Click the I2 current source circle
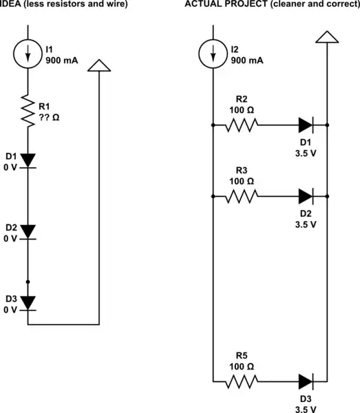pyautogui.click(x=213, y=54)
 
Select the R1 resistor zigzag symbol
pyautogui.click(x=28, y=111)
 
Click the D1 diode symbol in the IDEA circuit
pyautogui.click(x=28, y=160)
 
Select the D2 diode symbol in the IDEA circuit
pyautogui.click(x=28, y=231)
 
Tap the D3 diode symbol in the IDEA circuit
pyautogui.click(x=28, y=301)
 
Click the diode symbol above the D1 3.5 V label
pyautogui.click(x=306, y=125)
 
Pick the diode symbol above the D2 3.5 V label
pyautogui.click(x=306, y=196)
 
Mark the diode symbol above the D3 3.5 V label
pyautogui.click(x=306, y=380)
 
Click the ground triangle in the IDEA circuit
pyautogui.click(x=100, y=65)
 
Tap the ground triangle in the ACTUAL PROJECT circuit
pyautogui.click(x=326, y=36)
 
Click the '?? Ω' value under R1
pyautogui.click(x=50, y=117)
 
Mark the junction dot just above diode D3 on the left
pyautogui.click(x=28, y=282)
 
